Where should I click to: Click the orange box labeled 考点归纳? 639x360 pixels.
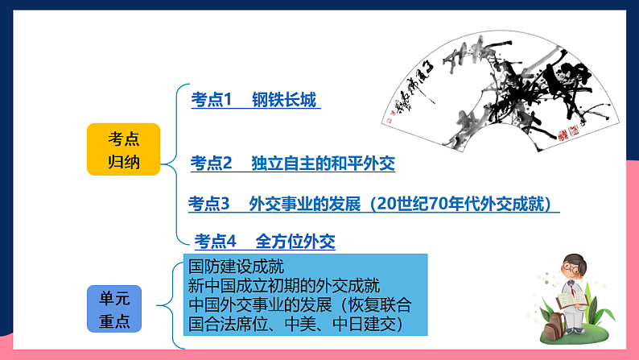coord(123,150)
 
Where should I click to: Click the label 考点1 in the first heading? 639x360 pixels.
coord(211,100)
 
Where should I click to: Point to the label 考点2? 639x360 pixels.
coord(211,163)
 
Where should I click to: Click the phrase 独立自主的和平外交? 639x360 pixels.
coord(323,163)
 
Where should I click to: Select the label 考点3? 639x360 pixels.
coord(209,204)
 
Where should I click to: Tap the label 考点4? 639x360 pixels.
coord(216,241)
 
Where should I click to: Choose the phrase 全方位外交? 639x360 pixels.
coord(295,241)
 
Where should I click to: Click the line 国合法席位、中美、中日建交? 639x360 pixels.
coord(295,325)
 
